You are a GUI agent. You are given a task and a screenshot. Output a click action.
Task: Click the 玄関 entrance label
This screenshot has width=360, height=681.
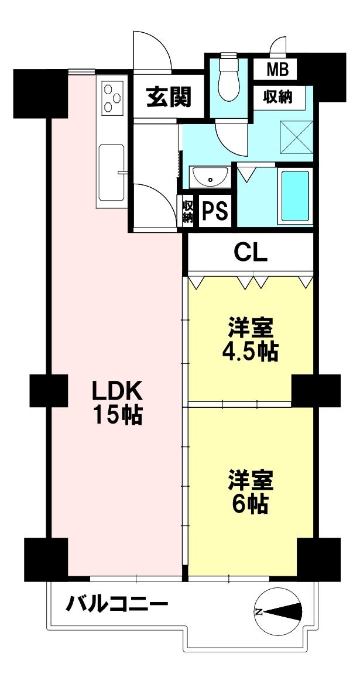click(168, 97)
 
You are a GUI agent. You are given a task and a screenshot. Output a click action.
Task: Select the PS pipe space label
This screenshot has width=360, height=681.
click(215, 212)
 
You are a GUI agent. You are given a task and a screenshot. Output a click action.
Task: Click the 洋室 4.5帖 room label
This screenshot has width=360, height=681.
click(248, 340)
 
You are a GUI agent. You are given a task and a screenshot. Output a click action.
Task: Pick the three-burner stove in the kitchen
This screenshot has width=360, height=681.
click(112, 97)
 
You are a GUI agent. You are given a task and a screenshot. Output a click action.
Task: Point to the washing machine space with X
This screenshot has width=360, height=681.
click(297, 137)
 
